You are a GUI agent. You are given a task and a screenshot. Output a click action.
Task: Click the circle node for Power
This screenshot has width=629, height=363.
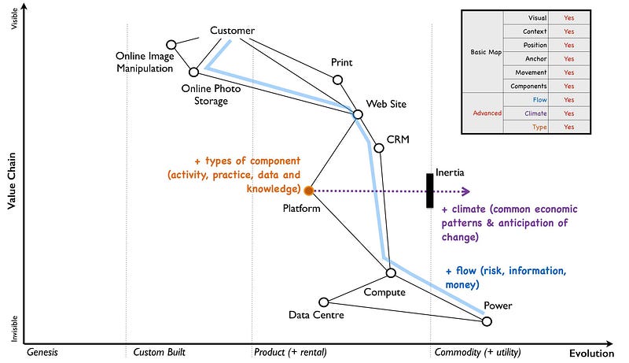tap(487, 321)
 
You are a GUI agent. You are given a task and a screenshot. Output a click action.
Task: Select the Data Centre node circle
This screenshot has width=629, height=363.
tap(323, 302)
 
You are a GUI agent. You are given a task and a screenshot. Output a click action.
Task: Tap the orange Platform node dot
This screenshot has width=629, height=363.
tap(309, 191)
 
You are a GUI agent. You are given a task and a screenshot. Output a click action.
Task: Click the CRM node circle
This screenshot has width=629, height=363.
tap(379, 148)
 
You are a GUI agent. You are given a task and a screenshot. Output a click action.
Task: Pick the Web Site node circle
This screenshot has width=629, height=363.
tap(358, 114)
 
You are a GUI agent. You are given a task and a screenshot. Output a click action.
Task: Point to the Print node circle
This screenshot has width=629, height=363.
tap(338, 80)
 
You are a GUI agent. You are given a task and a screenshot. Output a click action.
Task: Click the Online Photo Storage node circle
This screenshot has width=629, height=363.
tap(193, 72)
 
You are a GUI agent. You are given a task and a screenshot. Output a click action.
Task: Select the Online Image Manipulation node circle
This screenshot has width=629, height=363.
tap(171, 45)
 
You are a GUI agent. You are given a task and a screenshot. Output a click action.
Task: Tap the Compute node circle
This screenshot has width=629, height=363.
tap(391, 272)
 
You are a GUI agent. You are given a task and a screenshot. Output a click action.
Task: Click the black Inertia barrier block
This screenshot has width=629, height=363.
tap(429, 191)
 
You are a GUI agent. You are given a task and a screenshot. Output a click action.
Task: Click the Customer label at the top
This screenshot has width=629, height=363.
tap(232, 31)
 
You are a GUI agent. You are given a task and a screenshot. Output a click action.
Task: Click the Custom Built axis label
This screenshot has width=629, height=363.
tap(159, 352)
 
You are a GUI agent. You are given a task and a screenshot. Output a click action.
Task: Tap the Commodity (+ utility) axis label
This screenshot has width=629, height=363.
tap(477, 352)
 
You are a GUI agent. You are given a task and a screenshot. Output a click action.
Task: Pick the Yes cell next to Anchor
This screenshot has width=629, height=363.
tap(569, 58)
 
